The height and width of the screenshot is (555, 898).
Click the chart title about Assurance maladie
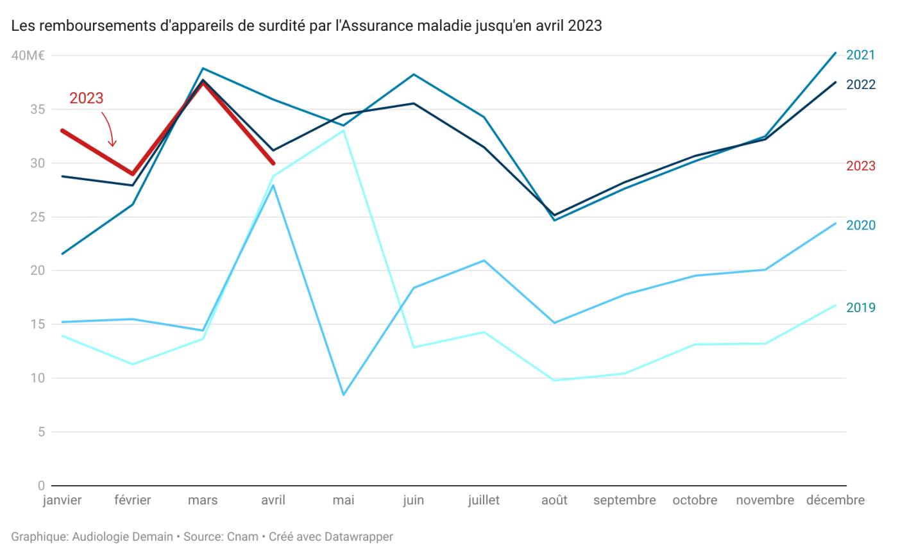(306, 26)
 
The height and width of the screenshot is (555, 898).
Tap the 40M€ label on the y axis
(28, 56)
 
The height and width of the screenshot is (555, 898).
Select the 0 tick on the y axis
(40, 485)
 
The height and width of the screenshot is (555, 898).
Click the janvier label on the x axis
(62, 501)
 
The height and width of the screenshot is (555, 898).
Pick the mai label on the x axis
(344, 501)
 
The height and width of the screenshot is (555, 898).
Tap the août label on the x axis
(554, 501)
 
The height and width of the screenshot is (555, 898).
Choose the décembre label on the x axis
(835, 501)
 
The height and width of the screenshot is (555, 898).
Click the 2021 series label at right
(861, 55)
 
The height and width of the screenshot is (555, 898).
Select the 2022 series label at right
(861, 85)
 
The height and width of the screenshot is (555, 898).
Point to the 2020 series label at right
(861, 226)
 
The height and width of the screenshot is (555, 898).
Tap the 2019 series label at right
(861, 308)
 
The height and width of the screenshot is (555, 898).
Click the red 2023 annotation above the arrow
(87, 98)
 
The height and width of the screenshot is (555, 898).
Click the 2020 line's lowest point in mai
(344, 394)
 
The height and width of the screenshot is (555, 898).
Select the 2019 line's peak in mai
(344, 131)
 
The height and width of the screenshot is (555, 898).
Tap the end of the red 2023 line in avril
(273, 163)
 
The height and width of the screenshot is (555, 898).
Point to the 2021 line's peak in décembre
(835, 53)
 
